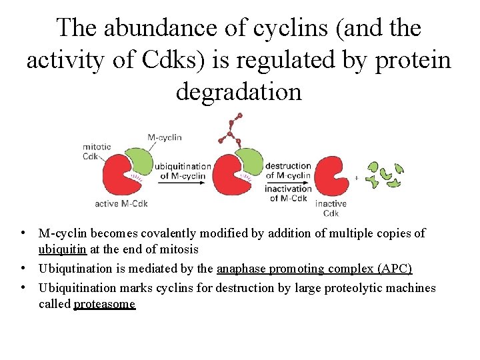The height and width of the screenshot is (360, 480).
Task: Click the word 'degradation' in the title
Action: click(x=239, y=92)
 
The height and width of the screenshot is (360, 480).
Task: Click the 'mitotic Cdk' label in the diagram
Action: click(x=97, y=153)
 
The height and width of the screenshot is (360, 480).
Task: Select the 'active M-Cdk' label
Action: click(x=121, y=203)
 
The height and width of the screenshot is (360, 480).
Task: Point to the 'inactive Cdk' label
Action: click(x=331, y=208)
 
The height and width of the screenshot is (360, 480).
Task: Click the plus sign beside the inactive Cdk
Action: click(x=357, y=179)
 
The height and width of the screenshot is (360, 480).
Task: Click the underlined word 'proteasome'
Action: click(x=104, y=305)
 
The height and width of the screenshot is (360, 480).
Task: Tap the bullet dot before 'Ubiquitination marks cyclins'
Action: click(x=23, y=287)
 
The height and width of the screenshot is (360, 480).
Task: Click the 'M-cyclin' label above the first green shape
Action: click(x=165, y=137)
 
